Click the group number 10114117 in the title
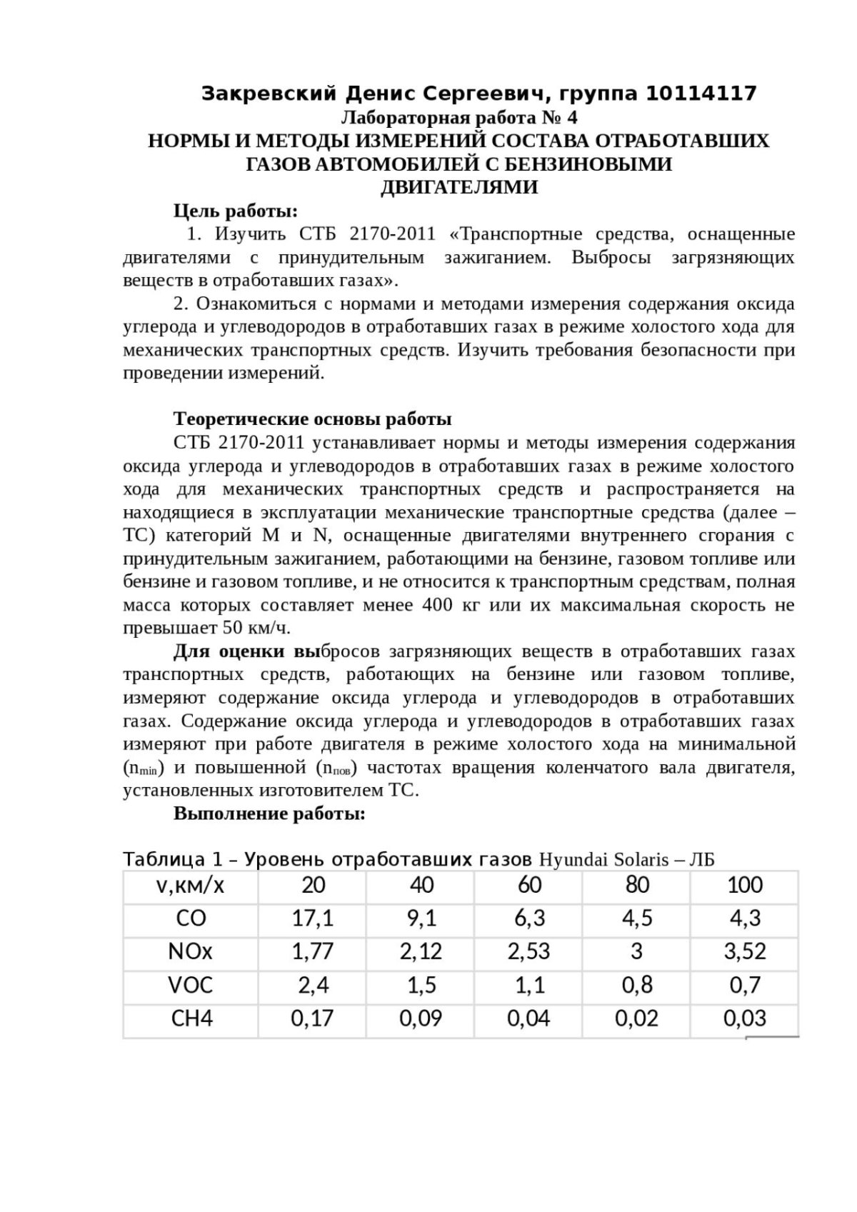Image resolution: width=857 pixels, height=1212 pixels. point(701,94)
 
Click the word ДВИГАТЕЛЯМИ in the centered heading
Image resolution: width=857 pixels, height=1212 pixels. point(458,188)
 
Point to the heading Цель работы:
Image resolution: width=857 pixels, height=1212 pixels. point(236,211)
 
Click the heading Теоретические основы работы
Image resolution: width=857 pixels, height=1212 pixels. point(313,419)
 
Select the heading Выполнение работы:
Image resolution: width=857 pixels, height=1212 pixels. point(270,813)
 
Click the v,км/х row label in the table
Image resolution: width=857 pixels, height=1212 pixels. point(190,886)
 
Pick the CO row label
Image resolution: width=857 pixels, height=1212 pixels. point(190,918)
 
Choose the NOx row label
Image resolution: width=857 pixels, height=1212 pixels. point(190,951)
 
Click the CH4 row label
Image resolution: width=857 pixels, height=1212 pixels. point(192,1018)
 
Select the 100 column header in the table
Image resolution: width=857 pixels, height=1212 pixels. point(745,886)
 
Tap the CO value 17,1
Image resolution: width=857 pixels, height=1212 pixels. point(313,918)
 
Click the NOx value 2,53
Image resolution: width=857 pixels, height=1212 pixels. point(529,951)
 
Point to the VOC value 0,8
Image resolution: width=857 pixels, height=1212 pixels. point(637,985)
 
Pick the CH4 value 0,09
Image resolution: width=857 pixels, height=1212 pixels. point(421,1018)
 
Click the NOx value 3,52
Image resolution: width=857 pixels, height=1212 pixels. point(745,951)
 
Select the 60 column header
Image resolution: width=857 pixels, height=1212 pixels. point(529,886)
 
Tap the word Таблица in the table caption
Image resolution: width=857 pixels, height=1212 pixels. point(159,859)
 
